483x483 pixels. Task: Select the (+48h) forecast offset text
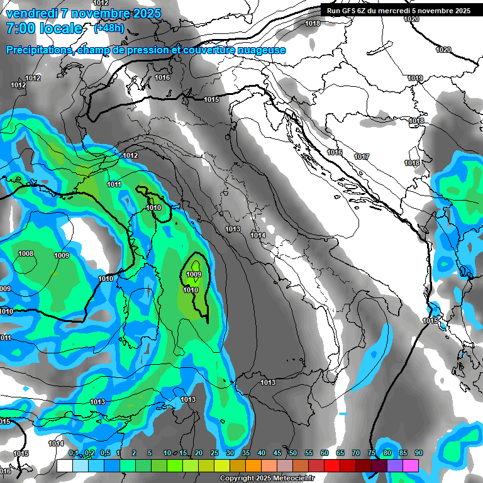coord(109,28)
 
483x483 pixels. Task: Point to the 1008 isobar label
coord(26,254)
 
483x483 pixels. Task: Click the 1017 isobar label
coord(361,157)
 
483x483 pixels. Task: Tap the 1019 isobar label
coord(414,79)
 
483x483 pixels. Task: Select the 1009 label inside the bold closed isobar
coord(194,275)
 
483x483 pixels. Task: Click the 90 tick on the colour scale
coord(418,453)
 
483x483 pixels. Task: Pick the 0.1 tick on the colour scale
coord(73,453)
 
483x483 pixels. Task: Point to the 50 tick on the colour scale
coord(293,453)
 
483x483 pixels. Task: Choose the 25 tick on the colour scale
coord(214,453)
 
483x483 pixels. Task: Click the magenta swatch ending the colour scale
coord(410,465)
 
